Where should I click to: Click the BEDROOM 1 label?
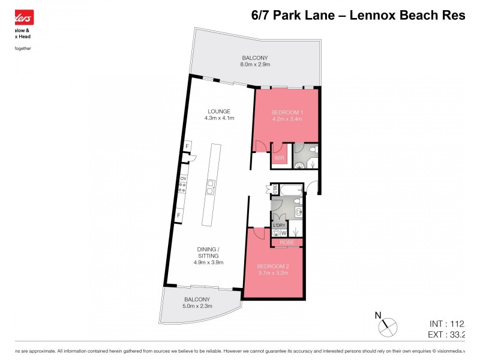pyautogui.click(x=286, y=112)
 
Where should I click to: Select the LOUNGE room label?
pyautogui.click(x=219, y=111)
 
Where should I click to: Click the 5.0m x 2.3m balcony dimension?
pyautogui.click(x=197, y=307)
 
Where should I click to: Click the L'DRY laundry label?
pyautogui.click(x=279, y=225)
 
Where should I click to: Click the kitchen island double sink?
pyautogui.click(x=211, y=187)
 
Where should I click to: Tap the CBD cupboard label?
pyautogui.click(x=275, y=190)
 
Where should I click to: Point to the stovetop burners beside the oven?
pyautogui.click(x=182, y=188)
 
